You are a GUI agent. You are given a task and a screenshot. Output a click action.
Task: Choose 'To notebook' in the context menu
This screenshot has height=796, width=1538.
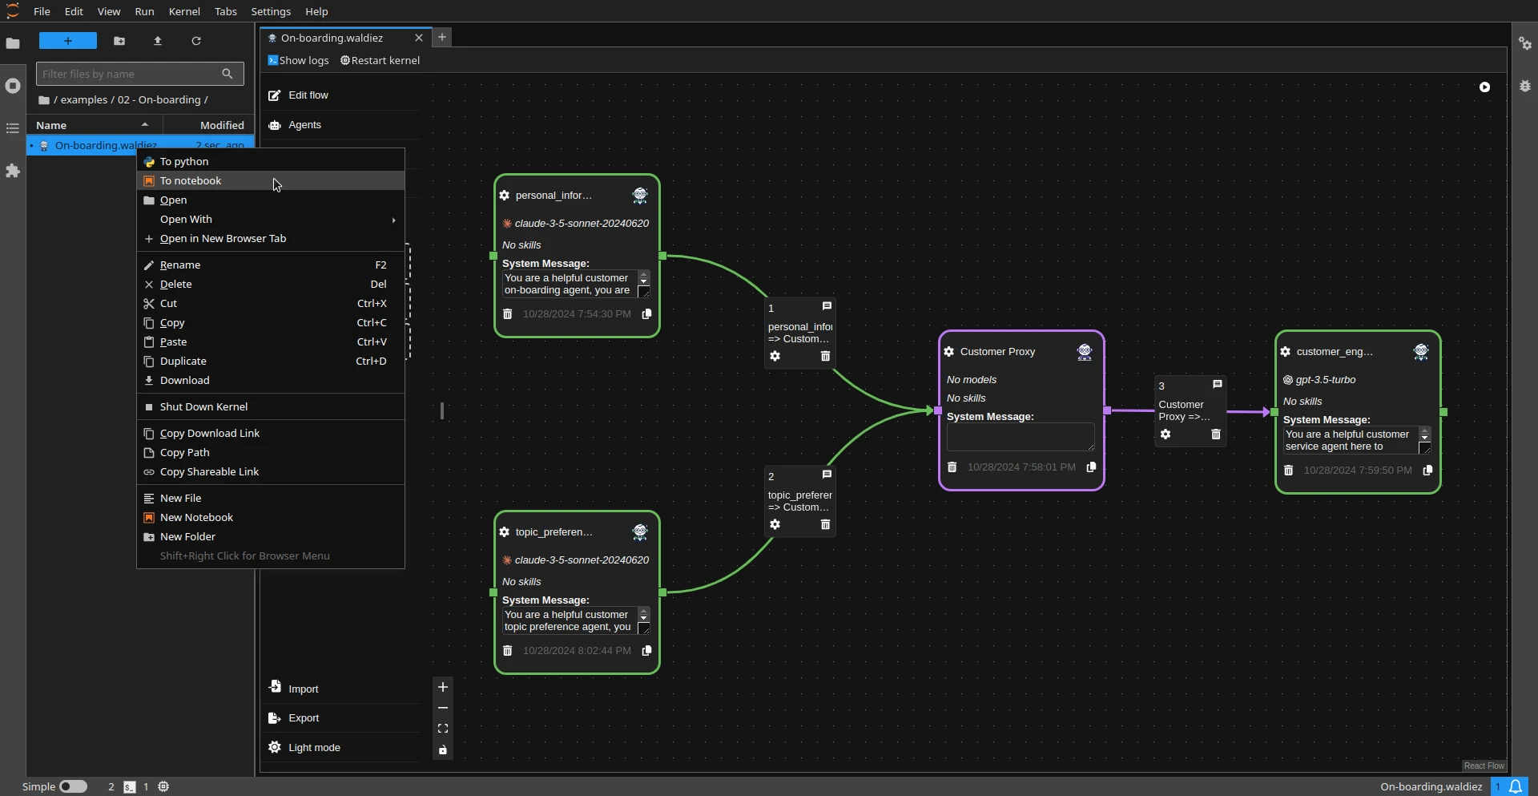(x=191, y=181)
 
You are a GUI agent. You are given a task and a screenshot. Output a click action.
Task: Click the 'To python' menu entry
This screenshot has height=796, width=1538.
(x=184, y=162)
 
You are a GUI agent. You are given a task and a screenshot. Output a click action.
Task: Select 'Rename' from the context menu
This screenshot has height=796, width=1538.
(x=180, y=265)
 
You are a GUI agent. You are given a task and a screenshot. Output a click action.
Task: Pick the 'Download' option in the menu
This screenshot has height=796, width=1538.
(x=184, y=381)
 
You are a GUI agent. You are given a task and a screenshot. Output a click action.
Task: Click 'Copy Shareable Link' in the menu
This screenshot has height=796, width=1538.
(x=209, y=472)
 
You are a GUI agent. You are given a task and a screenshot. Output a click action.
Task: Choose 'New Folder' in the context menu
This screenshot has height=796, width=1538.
(x=187, y=537)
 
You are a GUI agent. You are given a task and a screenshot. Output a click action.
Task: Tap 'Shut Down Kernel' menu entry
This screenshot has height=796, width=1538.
(x=203, y=407)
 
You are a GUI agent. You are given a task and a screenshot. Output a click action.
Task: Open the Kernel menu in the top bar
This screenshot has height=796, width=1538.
(x=184, y=11)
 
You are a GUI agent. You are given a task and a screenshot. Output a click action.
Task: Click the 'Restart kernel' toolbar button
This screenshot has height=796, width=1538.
(x=380, y=61)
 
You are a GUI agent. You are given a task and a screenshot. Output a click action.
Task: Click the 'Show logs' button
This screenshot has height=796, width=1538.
(x=298, y=61)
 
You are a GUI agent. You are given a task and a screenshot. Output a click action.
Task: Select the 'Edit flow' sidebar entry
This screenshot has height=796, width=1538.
(x=308, y=95)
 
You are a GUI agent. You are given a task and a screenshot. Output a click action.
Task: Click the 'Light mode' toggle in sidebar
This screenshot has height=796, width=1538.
(x=313, y=748)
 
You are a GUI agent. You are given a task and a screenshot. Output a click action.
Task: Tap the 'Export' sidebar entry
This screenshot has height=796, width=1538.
(x=303, y=718)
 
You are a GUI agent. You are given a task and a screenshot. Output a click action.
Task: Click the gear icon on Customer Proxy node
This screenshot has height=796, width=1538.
(x=949, y=352)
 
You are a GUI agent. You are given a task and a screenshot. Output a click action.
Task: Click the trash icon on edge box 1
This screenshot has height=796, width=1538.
(x=825, y=357)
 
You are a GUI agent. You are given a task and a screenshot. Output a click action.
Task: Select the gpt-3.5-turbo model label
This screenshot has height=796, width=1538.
(x=1325, y=380)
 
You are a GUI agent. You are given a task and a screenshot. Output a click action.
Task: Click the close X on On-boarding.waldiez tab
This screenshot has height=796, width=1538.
(x=419, y=38)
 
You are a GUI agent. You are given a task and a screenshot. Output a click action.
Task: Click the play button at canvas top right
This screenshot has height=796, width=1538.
(x=1484, y=87)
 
